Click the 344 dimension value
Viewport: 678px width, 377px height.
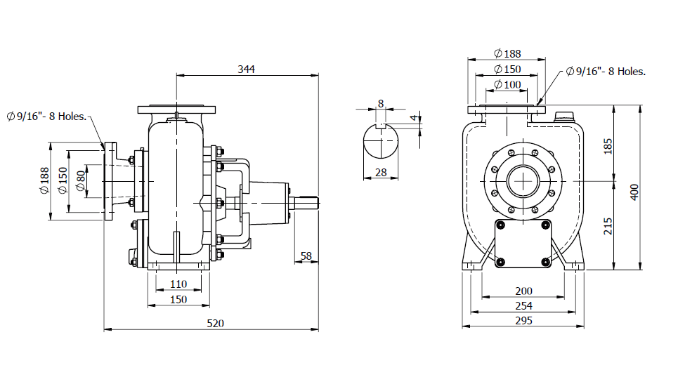pos(246,69)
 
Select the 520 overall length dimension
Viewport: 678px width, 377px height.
pos(216,323)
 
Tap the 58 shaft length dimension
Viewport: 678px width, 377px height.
pos(306,256)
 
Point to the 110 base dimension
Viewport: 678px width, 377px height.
pos(178,284)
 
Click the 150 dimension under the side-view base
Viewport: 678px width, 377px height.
pos(178,299)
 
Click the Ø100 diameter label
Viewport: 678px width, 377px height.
pos(507,85)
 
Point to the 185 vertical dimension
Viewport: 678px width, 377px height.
pos(608,146)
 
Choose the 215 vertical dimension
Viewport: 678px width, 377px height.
pos(608,225)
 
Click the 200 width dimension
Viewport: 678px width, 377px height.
pos(523,291)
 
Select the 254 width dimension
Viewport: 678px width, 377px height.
pos(523,305)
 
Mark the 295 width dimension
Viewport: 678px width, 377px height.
pos(523,320)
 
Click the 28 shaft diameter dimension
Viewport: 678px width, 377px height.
pos(381,172)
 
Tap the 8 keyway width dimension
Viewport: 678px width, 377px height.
pos(381,103)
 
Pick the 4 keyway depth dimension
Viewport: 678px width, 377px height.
pos(414,117)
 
